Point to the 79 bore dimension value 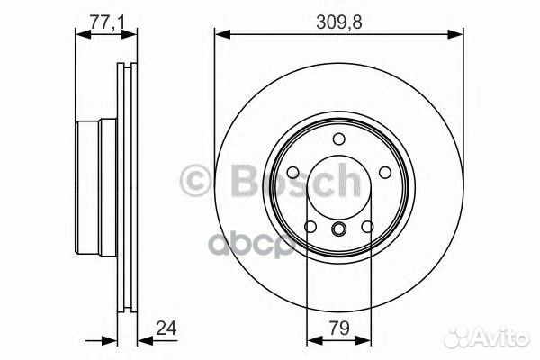339,330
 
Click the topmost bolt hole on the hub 339,139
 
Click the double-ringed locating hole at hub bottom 339,230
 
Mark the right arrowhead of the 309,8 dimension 458,35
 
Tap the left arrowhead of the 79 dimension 312,341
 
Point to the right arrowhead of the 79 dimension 366,341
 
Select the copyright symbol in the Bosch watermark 196,181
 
